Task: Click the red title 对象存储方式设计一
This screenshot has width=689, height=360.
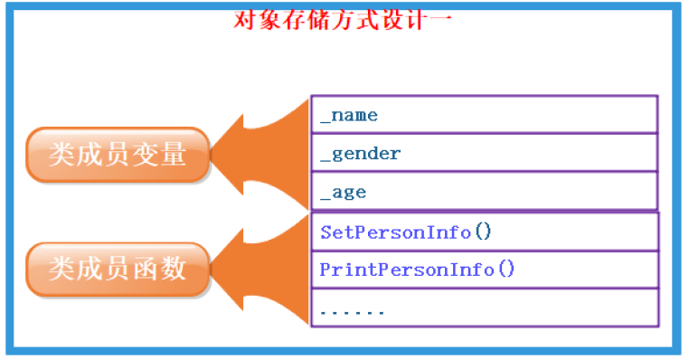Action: pos(343,18)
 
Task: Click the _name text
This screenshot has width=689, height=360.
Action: pos(349,115)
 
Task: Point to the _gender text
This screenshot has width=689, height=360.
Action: pos(360,153)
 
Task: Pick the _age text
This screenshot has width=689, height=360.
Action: pos(343,192)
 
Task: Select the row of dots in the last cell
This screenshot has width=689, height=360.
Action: pos(352,311)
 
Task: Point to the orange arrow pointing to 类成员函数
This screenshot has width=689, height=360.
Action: pos(258,268)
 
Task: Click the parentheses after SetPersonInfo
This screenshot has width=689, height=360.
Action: pos(482,232)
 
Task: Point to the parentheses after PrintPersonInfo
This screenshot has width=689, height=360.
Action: pos(505,270)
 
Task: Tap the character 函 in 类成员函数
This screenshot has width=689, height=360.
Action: pos(145,269)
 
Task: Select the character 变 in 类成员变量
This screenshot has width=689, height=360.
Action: pos(145,155)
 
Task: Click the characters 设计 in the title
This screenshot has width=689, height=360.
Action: pos(403,18)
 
